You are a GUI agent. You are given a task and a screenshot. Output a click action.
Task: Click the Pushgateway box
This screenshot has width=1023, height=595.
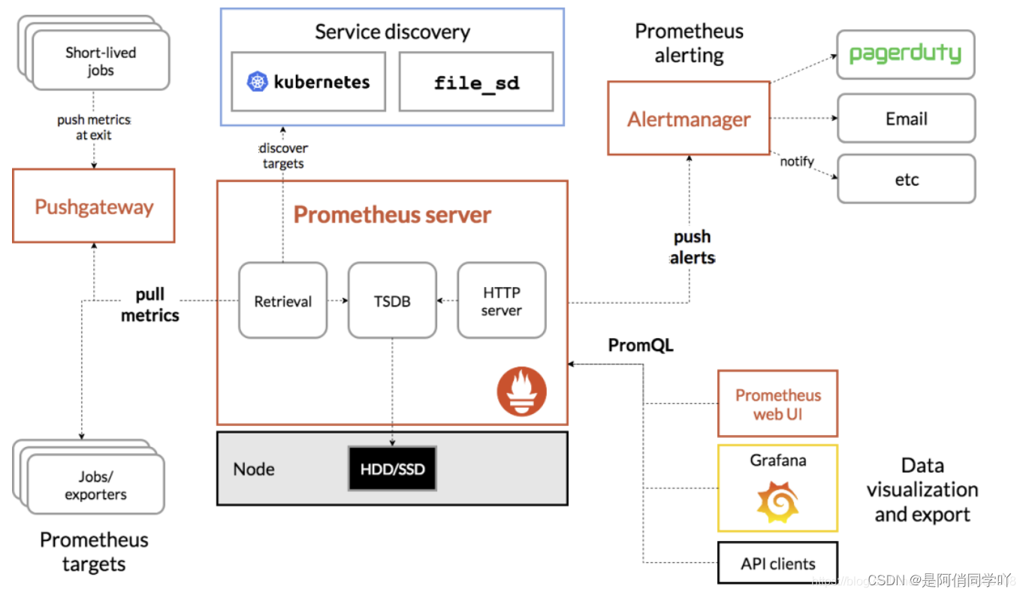94,206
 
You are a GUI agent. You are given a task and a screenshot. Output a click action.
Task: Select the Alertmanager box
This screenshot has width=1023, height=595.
689,118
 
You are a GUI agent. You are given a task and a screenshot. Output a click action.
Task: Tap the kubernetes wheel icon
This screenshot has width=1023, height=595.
257,82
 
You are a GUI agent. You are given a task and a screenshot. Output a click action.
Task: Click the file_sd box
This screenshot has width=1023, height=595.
476,82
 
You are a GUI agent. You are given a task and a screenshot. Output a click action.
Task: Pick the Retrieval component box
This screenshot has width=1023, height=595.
282,301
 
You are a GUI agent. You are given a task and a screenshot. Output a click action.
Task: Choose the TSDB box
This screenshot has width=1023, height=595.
392,301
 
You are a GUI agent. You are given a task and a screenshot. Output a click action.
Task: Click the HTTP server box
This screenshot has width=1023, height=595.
502,301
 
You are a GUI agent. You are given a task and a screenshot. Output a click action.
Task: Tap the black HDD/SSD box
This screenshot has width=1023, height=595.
392,469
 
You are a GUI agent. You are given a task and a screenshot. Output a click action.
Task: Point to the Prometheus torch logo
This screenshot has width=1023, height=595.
521,391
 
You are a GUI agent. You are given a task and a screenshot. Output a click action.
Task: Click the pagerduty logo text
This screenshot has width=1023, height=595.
905,54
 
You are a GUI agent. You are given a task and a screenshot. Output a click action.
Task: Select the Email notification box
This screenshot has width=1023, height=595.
907,118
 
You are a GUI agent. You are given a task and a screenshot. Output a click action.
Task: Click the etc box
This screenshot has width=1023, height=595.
907,179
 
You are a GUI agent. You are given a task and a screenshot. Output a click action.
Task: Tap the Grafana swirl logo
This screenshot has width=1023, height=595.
777,502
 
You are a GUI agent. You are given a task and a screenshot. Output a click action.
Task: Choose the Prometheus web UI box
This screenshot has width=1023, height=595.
777,403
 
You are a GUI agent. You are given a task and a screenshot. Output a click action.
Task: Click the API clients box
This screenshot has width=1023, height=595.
777,563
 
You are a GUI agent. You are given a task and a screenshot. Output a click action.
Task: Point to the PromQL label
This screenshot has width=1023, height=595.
640,346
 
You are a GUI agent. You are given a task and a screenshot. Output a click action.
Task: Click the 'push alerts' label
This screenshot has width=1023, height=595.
693,247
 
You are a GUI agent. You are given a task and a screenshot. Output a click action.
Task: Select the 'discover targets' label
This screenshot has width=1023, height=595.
283,156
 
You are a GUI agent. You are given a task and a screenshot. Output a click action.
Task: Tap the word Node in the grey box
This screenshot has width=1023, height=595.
254,469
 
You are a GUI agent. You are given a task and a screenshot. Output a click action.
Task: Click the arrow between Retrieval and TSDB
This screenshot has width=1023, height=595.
338,301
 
